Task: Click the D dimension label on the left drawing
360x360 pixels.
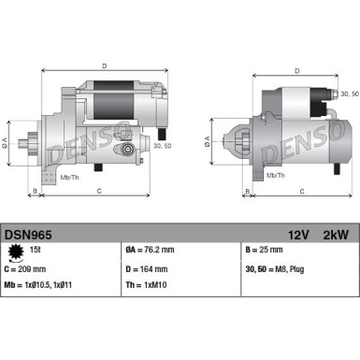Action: tap(105, 66)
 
